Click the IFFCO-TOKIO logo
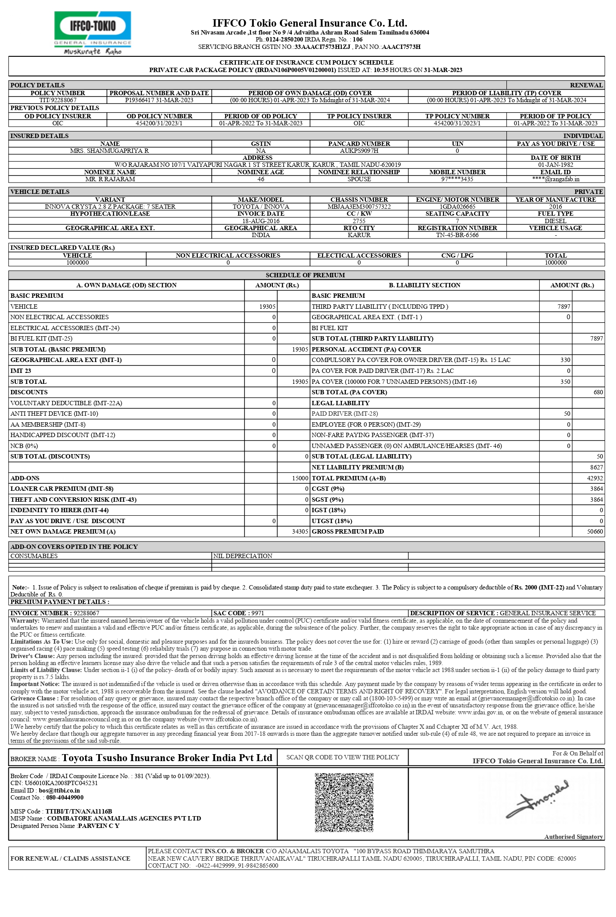[93, 33]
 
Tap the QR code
[344, 802]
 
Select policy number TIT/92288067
[58, 100]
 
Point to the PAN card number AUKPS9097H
[359, 151]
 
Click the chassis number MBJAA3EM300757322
[359, 207]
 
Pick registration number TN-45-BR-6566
[457, 235]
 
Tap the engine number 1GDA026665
[457, 207]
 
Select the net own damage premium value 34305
[300, 532]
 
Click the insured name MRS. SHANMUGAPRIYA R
[110, 151]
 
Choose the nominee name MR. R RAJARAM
[110, 179]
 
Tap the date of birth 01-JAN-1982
[555, 165]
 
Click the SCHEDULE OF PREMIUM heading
[305, 275]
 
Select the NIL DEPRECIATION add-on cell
[243, 556]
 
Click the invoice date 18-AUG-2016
[261, 221]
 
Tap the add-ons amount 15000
[300, 478]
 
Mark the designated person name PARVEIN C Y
[98, 826]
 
